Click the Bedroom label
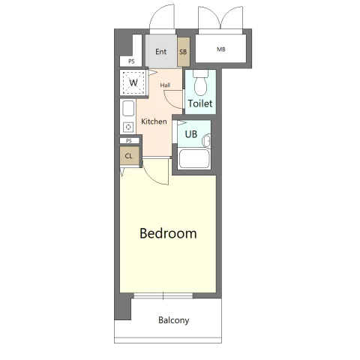click(x=168, y=233)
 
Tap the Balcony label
click(x=174, y=320)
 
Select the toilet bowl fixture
click(x=200, y=83)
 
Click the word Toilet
click(x=200, y=103)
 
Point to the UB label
click(x=191, y=134)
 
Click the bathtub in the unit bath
click(x=194, y=159)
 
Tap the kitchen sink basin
click(x=128, y=108)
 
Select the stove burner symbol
click(x=128, y=127)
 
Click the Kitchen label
click(x=154, y=121)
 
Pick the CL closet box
click(x=130, y=156)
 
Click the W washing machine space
click(x=133, y=82)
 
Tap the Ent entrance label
click(x=160, y=52)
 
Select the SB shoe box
click(x=184, y=52)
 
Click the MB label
click(x=221, y=49)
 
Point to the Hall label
click(x=165, y=85)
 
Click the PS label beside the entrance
click(x=131, y=61)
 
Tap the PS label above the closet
click(x=129, y=141)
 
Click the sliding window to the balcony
click(x=163, y=296)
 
